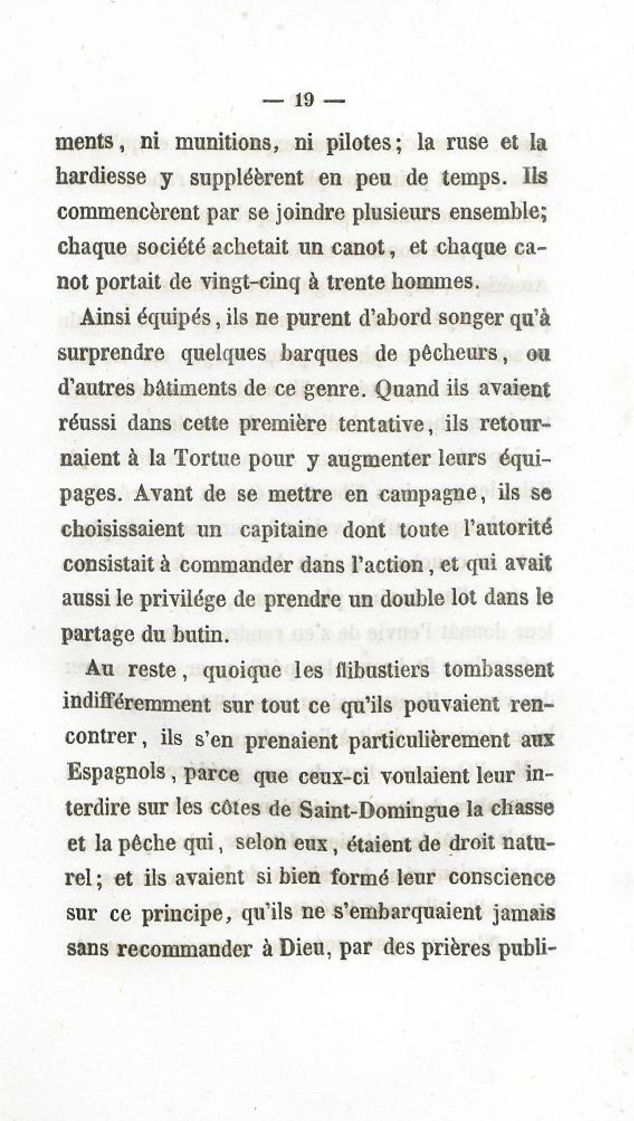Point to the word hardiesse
point(102,177)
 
